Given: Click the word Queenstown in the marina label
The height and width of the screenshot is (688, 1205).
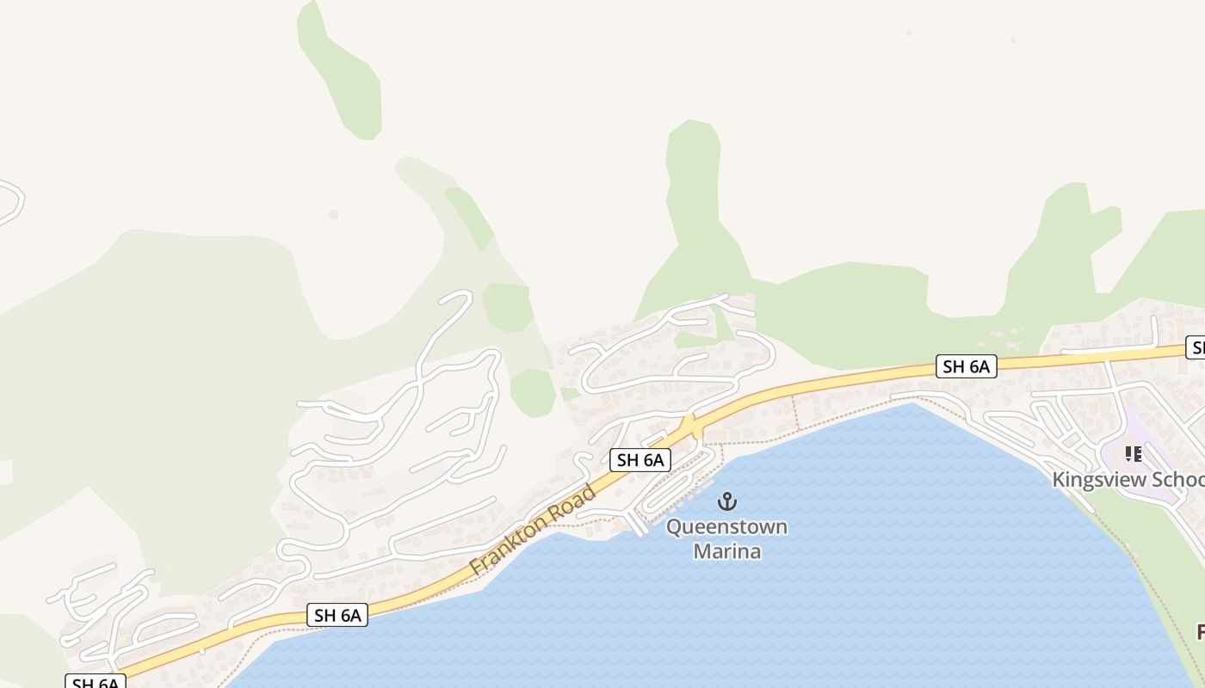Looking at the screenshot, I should pyautogui.click(x=726, y=526).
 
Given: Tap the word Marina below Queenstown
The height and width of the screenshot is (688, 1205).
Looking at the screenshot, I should pyautogui.click(x=726, y=550).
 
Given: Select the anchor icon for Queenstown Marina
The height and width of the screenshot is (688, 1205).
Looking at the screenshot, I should pyautogui.click(x=728, y=501).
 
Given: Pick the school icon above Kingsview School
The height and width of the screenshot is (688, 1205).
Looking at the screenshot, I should pyautogui.click(x=1133, y=453).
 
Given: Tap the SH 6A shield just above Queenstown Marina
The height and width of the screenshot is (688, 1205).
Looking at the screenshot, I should pyautogui.click(x=640, y=460).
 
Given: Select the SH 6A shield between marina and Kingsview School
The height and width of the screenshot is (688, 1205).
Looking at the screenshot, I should pyautogui.click(x=966, y=367).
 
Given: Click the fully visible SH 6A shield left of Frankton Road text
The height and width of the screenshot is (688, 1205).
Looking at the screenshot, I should pyautogui.click(x=337, y=615).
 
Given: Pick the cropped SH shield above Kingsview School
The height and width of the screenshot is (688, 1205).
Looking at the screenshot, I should pyautogui.click(x=1196, y=347).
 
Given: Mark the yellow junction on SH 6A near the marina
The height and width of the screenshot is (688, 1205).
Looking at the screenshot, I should pyautogui.click(x=688, y=426).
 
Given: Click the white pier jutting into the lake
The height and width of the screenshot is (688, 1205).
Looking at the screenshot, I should pyautogui.click(x=637, y=523).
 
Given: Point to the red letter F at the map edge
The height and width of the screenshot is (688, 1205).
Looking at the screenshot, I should pyautogui.click(x=1200, y=632).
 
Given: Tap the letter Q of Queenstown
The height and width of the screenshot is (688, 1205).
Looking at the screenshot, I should pyautogui.click(x=675, y=526).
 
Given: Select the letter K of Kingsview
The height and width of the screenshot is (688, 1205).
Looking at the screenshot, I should pyautogui.click(x=1059, y=480).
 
